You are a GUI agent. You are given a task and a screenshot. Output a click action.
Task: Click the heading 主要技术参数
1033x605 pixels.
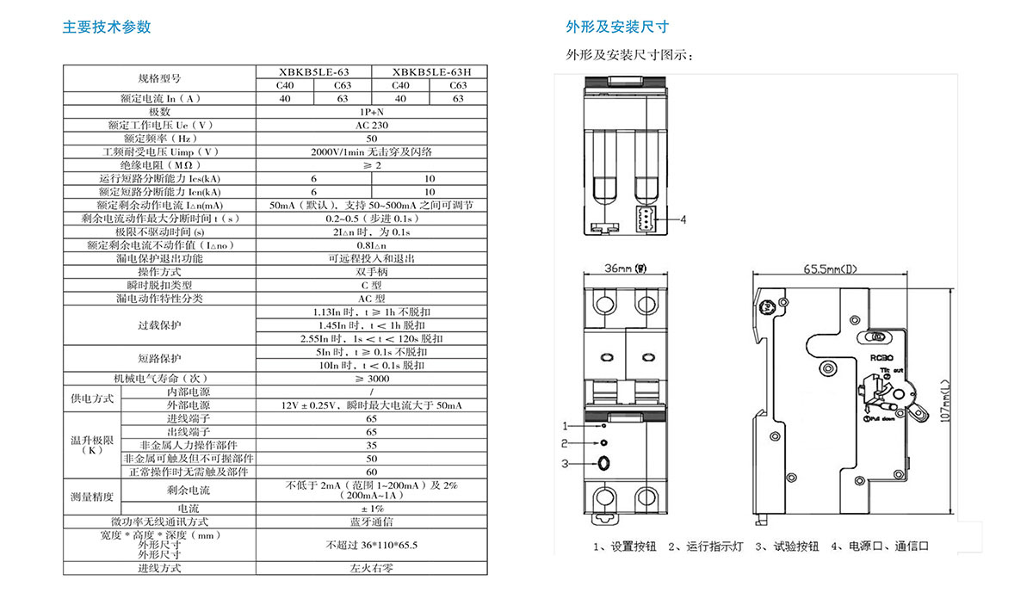click(107, 27)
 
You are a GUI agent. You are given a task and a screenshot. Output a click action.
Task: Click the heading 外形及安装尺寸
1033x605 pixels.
click(617, 27)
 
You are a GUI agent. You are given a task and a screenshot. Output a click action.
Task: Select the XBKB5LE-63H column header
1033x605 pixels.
click(429, 72)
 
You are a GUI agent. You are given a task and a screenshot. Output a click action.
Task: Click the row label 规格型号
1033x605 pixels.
click(159, 78)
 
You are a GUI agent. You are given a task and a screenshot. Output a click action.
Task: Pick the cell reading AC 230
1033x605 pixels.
click(372, 125)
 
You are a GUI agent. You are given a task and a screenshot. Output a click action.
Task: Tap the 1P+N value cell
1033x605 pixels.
click(372, 112)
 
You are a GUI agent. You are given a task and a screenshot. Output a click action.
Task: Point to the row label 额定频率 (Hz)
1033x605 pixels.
click(159, 138)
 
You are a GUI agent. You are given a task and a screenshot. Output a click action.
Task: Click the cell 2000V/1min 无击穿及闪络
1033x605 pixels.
click(372, 151)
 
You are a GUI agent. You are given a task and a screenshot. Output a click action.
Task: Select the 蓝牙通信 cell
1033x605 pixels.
click(372, 522)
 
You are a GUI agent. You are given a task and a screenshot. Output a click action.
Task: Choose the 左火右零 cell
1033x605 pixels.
click(372, 568)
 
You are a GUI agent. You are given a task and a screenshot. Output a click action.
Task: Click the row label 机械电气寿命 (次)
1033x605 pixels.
click(159, 379)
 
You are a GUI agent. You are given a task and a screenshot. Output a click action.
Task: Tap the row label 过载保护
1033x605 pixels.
click(159, 325)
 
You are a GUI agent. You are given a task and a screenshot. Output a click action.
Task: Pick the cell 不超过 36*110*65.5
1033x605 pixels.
click(372, 545)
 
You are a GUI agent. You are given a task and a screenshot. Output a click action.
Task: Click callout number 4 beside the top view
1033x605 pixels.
click(683, 219)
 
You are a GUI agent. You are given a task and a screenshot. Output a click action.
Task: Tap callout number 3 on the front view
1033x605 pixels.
click(566, 464)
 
